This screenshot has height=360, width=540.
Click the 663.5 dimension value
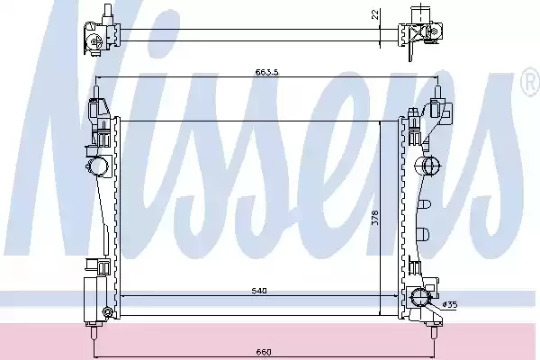266,72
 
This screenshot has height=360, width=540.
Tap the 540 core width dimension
259,291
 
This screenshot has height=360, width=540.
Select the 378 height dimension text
375,218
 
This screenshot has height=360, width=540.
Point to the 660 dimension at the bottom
264,352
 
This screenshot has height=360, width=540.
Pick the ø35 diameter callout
450,304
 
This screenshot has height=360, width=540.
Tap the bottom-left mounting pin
94,332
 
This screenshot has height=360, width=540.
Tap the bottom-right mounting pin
435,332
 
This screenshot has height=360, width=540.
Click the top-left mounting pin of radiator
96,93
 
